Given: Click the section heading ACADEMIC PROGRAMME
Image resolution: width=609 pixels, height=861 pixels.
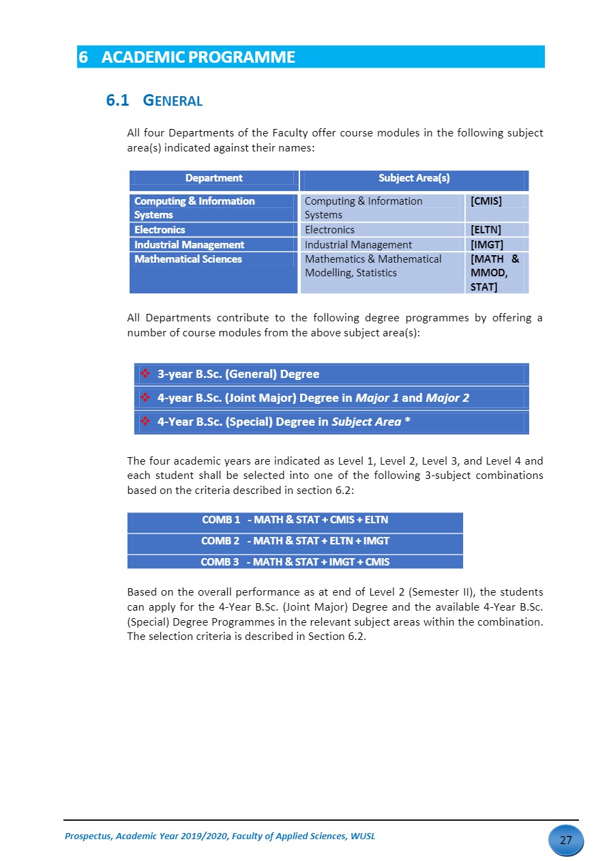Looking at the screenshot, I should click(x=198, y=57).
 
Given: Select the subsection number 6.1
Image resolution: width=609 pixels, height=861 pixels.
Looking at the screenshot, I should click(x=117, y=101).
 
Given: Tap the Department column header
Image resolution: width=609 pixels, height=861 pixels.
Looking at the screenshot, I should click(x=213, y=179).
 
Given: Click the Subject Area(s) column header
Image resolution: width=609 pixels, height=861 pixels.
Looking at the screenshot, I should click(x=413, y=179).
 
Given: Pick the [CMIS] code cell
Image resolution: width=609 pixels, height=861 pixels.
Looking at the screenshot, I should click(x=486, y=201).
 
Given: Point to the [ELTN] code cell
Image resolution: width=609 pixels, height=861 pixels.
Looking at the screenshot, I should click(x=486, y=230).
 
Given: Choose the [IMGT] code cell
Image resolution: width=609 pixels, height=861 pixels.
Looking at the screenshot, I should click(x=486, y=245).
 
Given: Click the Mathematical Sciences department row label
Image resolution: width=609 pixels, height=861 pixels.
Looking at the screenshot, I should click(x=188, y=259).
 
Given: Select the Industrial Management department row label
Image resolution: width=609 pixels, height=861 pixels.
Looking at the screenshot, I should click(x=189, y=245).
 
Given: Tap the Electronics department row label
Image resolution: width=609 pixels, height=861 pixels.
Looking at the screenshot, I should click(x=160, y=230).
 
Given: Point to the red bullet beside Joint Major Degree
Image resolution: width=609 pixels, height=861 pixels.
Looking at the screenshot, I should click(x=145, y=397).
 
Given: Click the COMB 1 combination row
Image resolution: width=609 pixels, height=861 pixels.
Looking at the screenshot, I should click(x=295, y=520).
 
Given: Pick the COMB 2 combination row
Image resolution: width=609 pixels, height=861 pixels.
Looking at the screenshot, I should click(x=295, y=541).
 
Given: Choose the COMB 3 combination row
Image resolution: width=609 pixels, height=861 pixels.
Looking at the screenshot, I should click(x=295, y=562).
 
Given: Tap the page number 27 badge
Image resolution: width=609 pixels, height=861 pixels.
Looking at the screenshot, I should click(x=565, y=841).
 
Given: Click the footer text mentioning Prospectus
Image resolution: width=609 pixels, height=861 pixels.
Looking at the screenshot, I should click(x=219, y=836).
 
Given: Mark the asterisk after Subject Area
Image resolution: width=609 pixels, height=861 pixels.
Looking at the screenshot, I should click(x=407, y=422).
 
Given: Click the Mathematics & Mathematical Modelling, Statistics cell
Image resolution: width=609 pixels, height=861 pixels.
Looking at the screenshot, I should click(x=373, y=266).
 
